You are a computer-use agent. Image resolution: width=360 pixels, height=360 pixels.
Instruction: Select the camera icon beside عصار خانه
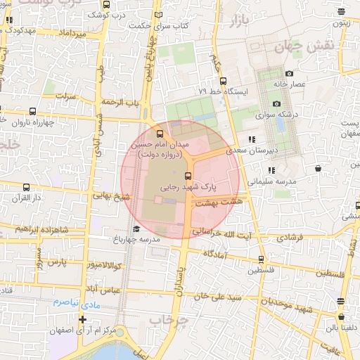pos(289,73)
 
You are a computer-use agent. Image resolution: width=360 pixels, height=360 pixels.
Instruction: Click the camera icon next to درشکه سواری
pos(276,103)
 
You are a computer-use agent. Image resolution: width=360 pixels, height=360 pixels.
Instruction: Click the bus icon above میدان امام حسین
pos(160,133)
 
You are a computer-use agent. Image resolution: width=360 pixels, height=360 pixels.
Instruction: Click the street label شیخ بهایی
pos(116,197)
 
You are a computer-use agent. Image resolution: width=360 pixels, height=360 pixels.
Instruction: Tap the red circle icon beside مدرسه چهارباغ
pos(135,229)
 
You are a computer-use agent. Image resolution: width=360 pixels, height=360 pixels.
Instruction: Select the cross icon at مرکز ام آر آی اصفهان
pos(82,320)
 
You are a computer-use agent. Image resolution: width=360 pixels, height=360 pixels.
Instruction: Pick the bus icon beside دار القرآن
pos(27,187)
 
